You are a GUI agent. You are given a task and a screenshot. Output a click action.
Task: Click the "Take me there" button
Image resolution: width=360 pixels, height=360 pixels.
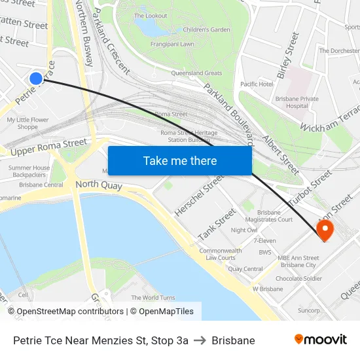click(180, 160)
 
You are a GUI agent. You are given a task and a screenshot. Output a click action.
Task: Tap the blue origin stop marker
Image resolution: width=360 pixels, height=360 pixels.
click(36, 79)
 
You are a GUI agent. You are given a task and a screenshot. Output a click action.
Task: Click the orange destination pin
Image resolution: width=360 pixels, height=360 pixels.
click(324, 229)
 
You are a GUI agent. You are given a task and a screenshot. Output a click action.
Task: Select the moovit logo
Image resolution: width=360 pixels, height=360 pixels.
click(321, 340)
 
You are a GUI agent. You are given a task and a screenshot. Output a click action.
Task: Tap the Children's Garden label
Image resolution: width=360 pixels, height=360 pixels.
click(206, 29)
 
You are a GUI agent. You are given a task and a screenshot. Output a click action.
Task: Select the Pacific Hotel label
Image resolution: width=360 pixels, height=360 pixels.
click(257, 84)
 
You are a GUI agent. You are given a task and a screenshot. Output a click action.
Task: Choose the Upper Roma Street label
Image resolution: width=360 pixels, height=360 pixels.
click(49, 147)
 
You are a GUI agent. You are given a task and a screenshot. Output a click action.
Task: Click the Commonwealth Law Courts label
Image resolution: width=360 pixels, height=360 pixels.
click(220, 254)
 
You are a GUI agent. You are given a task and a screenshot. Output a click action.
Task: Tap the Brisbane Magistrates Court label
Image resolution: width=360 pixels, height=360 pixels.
click(275, 216)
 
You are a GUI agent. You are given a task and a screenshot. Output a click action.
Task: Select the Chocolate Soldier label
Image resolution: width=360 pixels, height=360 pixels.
click(298, 278)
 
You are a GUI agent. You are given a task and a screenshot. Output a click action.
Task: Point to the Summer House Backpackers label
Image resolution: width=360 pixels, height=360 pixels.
click(29, 171)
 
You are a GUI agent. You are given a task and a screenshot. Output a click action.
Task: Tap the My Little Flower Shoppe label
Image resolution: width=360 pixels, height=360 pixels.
click(27, 123)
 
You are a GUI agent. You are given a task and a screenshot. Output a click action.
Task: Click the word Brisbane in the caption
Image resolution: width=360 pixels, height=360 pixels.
click(233, 340)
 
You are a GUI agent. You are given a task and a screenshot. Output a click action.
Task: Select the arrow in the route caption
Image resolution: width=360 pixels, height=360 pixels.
click(200, 340)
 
